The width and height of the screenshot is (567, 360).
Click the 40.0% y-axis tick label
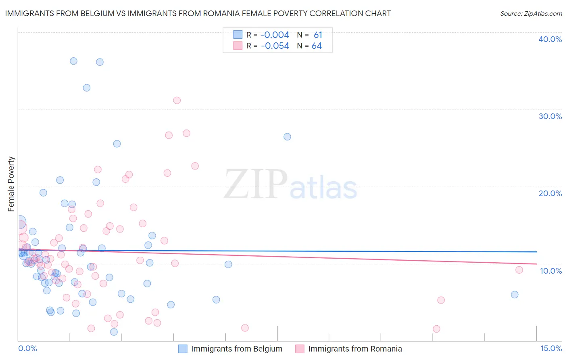pyautogui.click(x=550, y=39)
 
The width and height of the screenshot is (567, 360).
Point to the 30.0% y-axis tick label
pyautogui.click(x=550, y=116)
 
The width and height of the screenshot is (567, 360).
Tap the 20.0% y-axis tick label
pyautogui.click(x=550, y=193)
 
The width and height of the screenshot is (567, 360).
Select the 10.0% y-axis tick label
pyautogui.click(x=550, y=271)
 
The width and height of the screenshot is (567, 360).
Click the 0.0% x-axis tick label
pyautogui.click(x=27, y=348)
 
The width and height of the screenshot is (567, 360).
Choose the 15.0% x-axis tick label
pyautogui.click(x=551, y=348)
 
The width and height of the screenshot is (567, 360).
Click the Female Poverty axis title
pyautogui.click(x=11, y=184)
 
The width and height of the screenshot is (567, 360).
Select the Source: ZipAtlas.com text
pyautogui.click(x=531, y=13)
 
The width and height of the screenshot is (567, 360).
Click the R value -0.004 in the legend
pyautogui.click(x=275, y=35)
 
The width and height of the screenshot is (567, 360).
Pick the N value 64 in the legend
pyautogui.click(x=317, y=46)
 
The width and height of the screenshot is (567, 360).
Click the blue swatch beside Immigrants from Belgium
pyautogui.click(x=183, y=349)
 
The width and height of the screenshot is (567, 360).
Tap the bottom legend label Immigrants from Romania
pyautogui.click(x=355, y=349)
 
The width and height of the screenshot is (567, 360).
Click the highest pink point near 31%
pyautogui.click(x=177, y=100)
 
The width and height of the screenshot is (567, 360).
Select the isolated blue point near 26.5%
pyautogui.click(x=287, y=137)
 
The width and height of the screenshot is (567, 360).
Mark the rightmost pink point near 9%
pyautogui.click(x=519, y=270)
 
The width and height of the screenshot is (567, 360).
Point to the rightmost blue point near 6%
pyautogui.click(x=515, y=295)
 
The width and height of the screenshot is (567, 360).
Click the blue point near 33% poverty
pyautogui.click(x=87, y=88)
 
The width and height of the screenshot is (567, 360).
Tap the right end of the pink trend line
pyautogui.click(x=536, y=264)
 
